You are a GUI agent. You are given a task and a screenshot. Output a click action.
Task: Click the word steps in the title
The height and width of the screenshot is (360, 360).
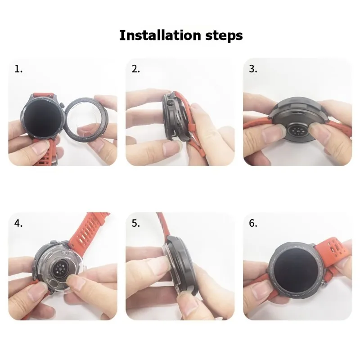223,36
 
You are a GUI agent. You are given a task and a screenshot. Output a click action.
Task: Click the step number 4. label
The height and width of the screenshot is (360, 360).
18,223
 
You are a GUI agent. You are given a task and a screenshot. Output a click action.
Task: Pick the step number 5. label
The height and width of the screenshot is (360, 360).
136,223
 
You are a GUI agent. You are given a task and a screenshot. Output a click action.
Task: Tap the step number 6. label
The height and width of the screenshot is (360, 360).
253,223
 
